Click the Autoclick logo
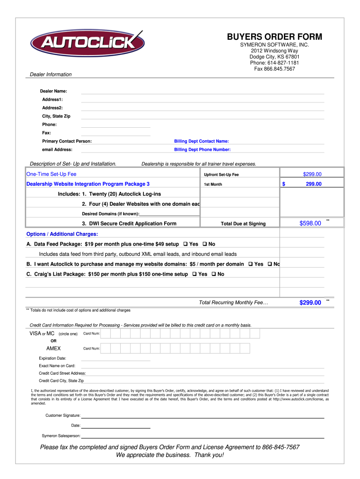tap(87, 43)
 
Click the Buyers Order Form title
tap(274, 37)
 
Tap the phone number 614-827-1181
tap(283, 63)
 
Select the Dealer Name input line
tap(202, 91)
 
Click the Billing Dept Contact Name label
tap(202, 141)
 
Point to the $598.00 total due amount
tap(310, 224)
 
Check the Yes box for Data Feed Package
tap(186, 244)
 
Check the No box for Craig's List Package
tap(214, 274)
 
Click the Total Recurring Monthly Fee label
tap(233, 303)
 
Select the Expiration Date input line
tap(115, 358)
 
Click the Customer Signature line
tap(203, 415)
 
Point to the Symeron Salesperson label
tap(61, 435)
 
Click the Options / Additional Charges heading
tap(62, 234)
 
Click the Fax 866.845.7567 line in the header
tap(274, 69)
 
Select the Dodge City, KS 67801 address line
tap(274, 57)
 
